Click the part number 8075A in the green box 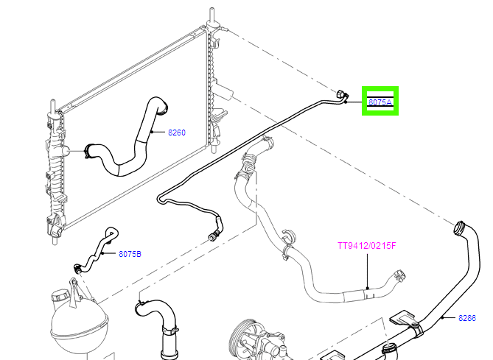pos(380,102)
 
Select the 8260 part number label pos(176,133)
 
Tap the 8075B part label pos(130,254)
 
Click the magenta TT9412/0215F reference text pos(367,246)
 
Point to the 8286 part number pos(467,318)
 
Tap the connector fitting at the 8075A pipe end pos(340,96)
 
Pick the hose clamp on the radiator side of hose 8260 pos(89,152)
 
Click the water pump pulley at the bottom pos(247,339)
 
